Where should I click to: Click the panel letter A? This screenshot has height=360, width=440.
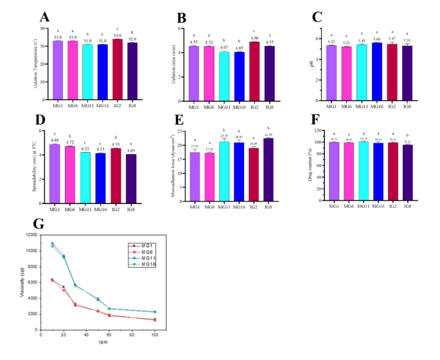click(44, 17)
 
